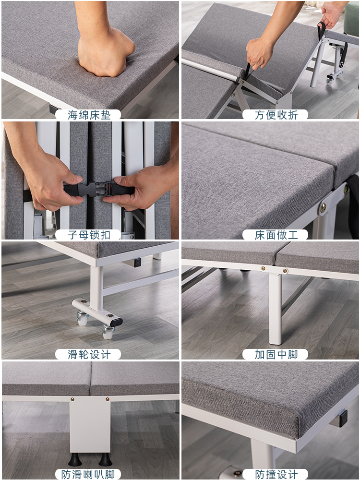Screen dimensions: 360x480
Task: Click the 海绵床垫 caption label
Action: (x=88, y=115)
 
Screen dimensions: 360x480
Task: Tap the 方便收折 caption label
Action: (x=276, y=115)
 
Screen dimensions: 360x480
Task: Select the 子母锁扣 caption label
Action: (x=88, y=235)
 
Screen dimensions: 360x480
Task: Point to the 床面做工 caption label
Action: (x=276, y=235)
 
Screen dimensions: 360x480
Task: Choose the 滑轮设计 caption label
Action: (x=88, y=355)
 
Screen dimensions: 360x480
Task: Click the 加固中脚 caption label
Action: (x=276, y=355)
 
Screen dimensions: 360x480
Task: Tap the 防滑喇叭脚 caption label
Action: (x=88, y=474)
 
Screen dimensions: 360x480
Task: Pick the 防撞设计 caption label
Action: (x=276, y=474)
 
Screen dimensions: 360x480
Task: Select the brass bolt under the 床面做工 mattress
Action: (x=323, y=208)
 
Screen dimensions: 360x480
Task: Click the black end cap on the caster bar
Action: (x=116, y=322)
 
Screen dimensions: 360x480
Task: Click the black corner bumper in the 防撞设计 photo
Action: (x=343, y=419)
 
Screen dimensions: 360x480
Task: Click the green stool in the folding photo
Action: (x=351, y=18)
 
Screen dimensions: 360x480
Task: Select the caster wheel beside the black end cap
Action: (x=108, y=332)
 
